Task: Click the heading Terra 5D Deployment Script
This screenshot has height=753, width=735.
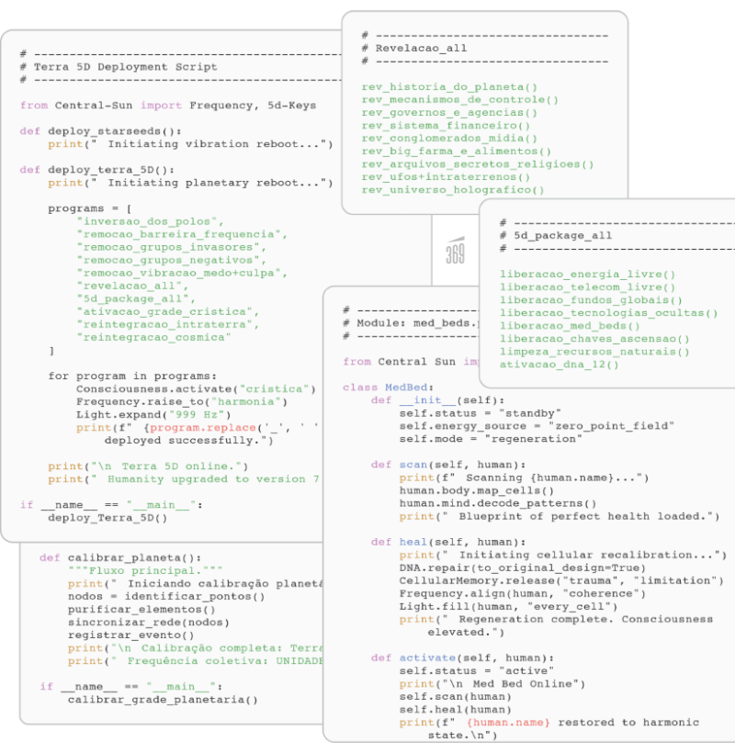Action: tap(125, 67)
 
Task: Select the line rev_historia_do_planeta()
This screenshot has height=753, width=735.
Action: tap(449, 87)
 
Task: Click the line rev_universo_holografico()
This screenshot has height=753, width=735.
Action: tap(453, 190)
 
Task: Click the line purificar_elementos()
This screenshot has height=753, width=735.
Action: tap(141, 609)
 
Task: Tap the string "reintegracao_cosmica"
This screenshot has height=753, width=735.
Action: tap(154, 337)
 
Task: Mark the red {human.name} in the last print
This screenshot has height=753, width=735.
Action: tap(508, 723)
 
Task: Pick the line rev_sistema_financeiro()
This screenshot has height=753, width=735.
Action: tap(446, 126)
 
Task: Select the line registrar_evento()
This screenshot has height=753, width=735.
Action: tap(130, 635)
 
